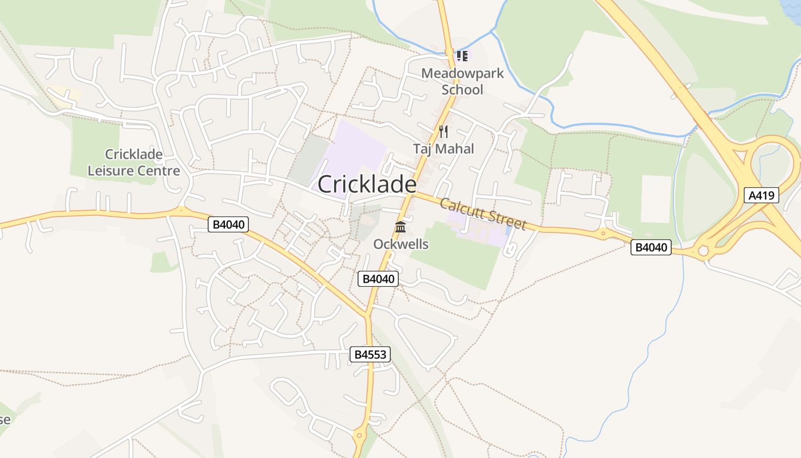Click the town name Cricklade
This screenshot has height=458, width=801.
[367, 184]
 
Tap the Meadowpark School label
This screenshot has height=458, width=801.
[462, 81]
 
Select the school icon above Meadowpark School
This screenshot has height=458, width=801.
[462, 56]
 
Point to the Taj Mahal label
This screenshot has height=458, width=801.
[443, 149]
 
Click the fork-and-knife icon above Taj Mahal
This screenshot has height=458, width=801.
[443, 132]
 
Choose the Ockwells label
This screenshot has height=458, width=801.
[400, 244]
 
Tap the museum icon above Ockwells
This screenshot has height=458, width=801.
[400, 227]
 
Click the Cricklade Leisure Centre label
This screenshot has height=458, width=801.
[133, 162]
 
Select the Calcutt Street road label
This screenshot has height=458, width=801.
[483, 214]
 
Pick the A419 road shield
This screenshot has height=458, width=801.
[763, 195]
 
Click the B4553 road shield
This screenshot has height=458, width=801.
[370, 354]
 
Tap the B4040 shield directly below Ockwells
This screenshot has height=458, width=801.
[378, 279]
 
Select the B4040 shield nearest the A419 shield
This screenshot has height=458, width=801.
[651, 247]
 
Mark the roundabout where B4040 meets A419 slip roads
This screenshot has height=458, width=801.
[703, 250]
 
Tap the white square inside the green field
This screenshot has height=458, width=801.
[656, 199]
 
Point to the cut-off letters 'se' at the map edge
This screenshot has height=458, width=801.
[5, 419]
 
